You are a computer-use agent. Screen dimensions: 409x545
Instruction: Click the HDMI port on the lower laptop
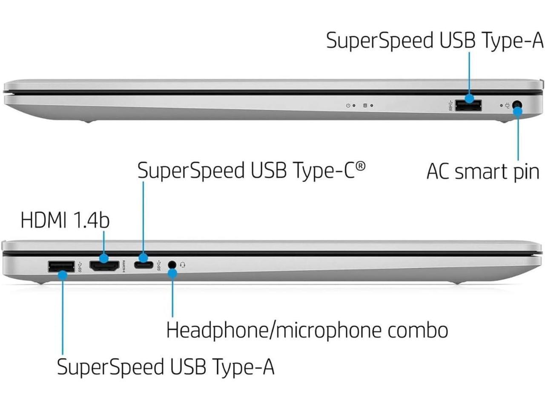(x=104, y=265)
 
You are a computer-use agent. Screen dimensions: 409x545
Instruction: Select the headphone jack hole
(x=172, y=265)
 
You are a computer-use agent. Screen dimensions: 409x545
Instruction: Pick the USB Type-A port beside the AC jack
(x=468, y=105)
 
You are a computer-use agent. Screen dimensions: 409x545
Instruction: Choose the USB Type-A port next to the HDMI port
(x=61, y=267)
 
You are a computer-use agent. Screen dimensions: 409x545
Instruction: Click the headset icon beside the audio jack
(x=183, y=265)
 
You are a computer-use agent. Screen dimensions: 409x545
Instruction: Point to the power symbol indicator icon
(x=348, y=105)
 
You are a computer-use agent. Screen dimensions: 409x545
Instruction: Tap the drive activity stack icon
(x=365, y=105)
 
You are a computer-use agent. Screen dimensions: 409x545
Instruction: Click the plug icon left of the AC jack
(x=508, y=105)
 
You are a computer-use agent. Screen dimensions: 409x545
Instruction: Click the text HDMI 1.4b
(x=65, y=221)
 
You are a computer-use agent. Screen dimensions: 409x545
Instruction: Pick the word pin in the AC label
(x=526, y=173)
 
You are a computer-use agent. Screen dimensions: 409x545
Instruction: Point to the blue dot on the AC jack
(x=518, y=112)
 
